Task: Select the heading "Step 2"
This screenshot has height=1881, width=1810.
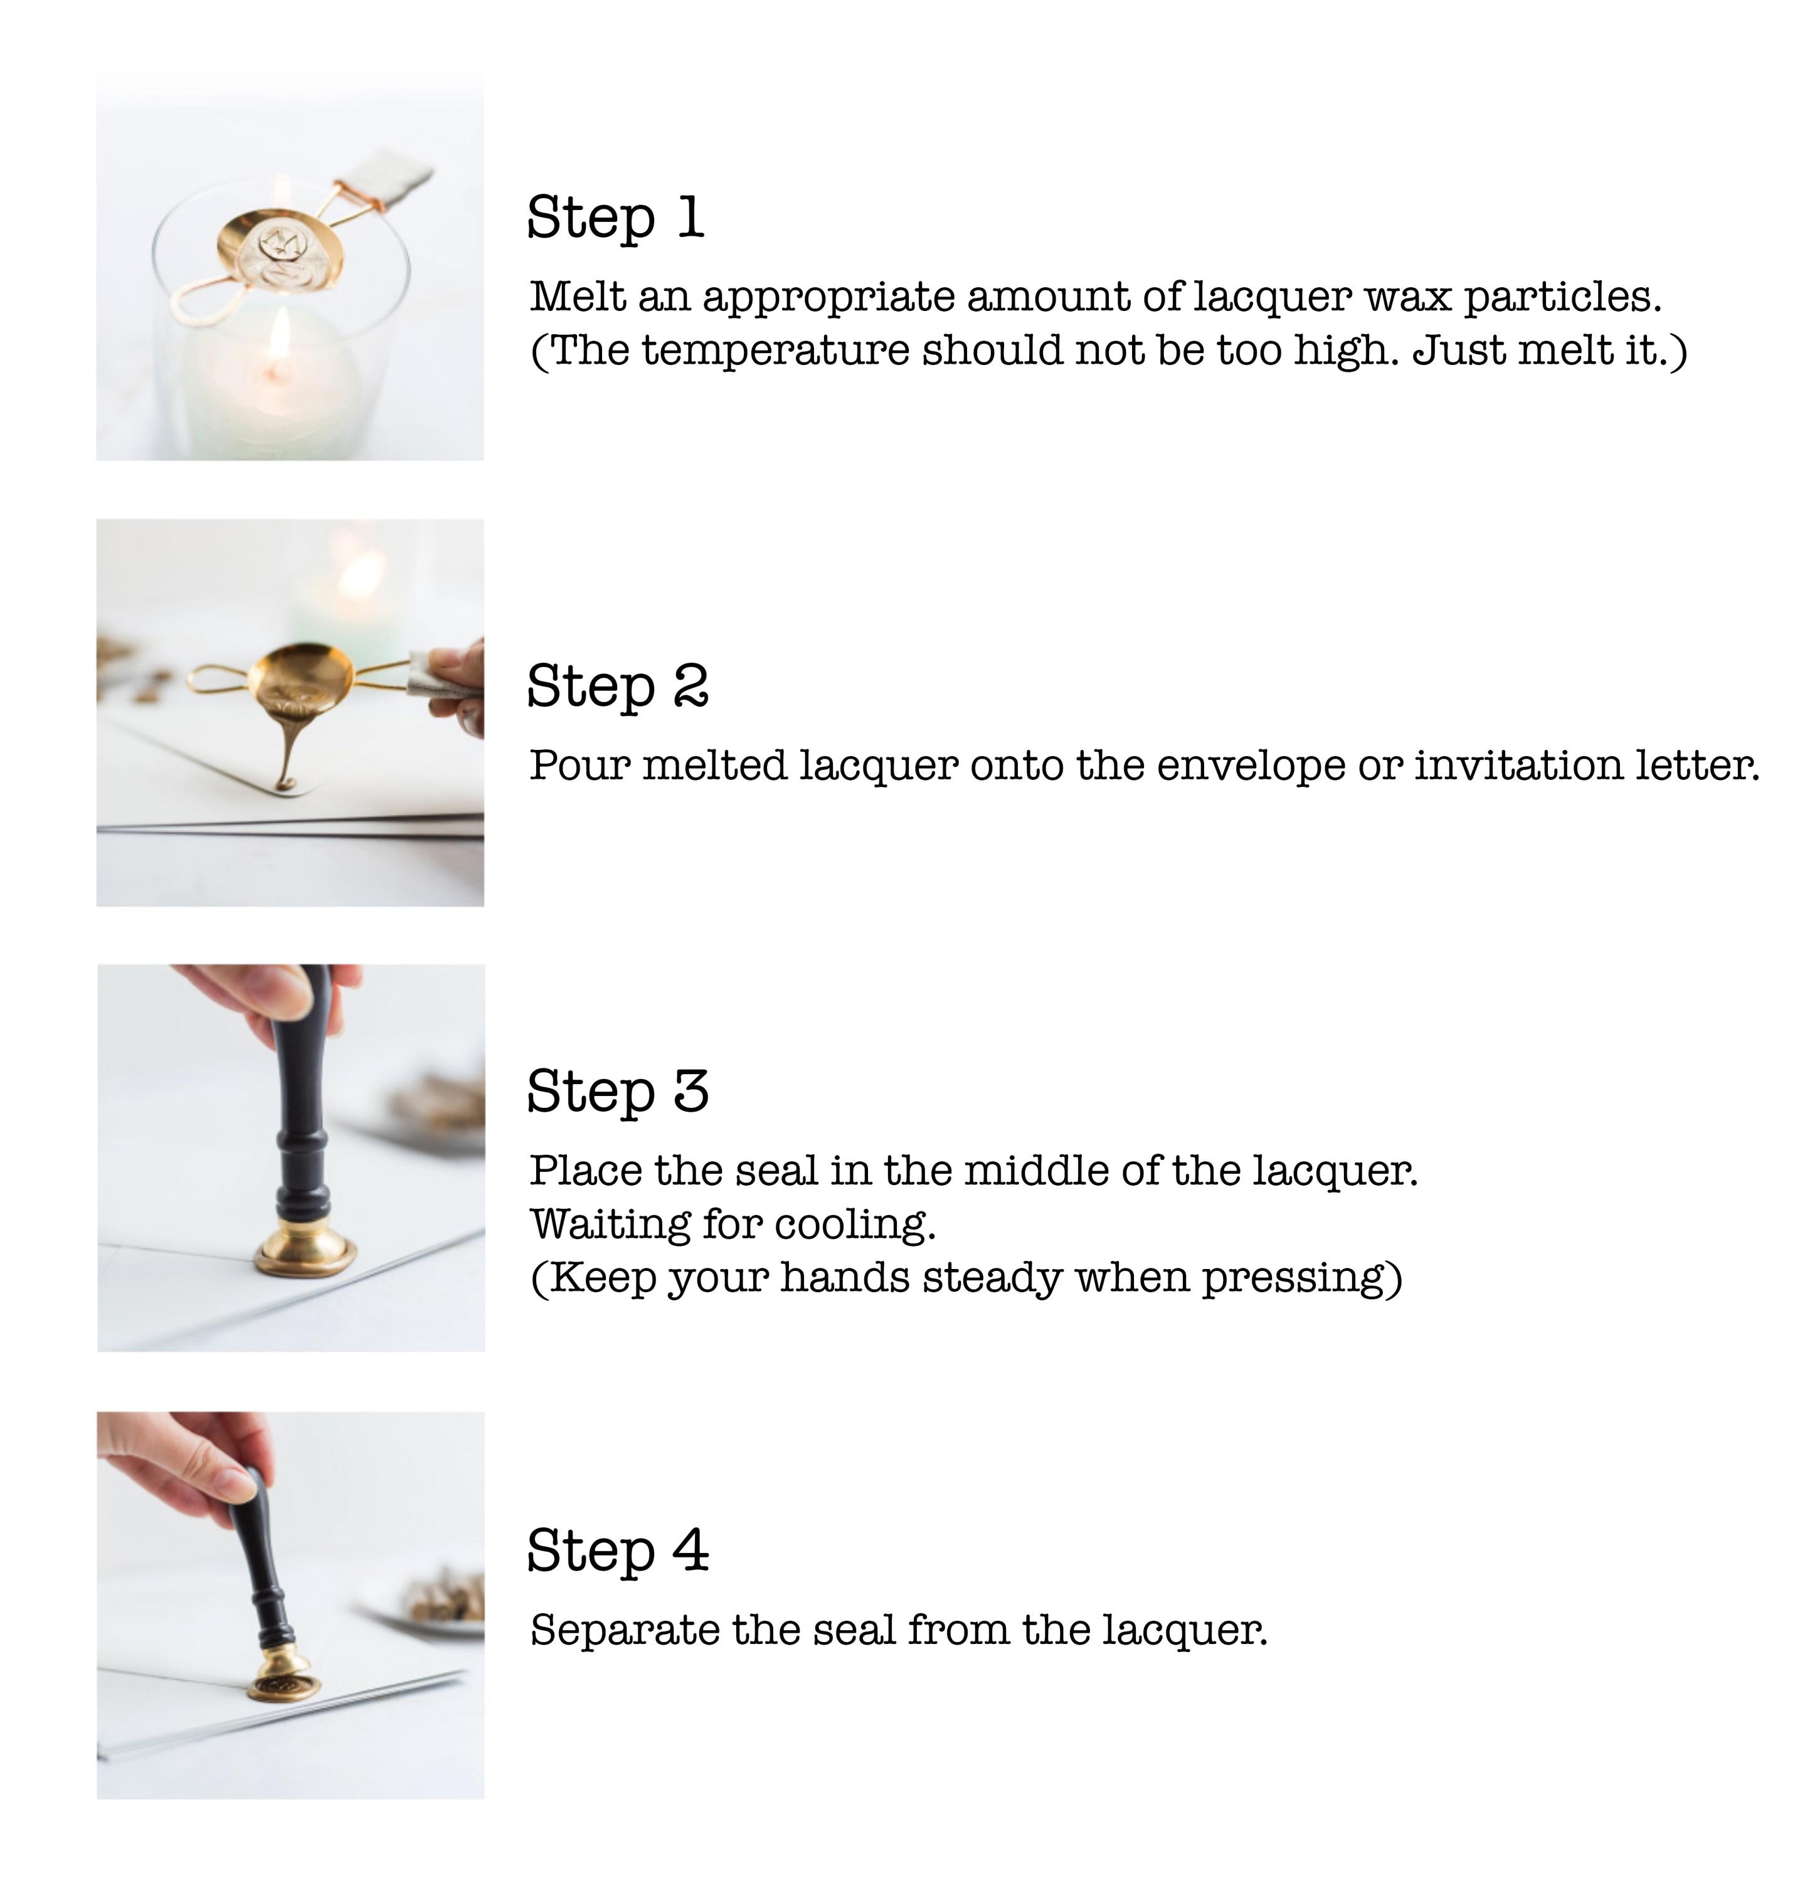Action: click(617, 685)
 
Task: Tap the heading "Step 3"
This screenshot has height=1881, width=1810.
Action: click(617, 1090)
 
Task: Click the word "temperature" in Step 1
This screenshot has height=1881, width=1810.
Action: click(775, 351)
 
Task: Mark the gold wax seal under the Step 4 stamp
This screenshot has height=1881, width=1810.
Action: click(282, 1685)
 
